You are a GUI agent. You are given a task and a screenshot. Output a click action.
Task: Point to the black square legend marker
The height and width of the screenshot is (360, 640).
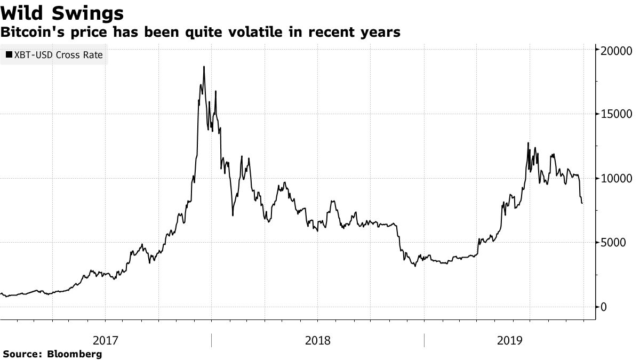tap(9, 55)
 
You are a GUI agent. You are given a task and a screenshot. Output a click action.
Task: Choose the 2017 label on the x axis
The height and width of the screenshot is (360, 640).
tap(106, 340)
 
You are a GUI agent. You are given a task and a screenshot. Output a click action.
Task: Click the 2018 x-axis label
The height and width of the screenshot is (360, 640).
tap(318, 340)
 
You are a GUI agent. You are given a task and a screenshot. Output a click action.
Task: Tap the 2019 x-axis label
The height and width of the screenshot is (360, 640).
tap(509, 340)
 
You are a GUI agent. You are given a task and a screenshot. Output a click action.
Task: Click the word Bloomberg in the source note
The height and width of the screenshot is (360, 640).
tap(75, 354)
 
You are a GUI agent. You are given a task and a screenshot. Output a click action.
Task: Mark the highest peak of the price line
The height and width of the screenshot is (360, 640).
tap(204, 67)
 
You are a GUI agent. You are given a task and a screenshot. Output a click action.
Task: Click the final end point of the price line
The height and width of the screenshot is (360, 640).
tap(582, 203)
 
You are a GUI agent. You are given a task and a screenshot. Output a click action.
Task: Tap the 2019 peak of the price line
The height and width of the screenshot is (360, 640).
tap(528, 143)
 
